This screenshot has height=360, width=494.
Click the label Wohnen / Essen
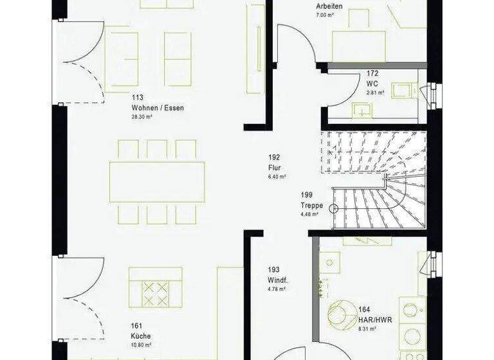click(158, 108)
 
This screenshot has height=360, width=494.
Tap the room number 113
click(137, 98)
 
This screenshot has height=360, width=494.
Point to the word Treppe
click(311, 206)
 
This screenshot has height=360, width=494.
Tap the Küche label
click(140, 335)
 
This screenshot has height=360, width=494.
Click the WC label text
click(372, 84)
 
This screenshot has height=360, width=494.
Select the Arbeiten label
click(329, 6)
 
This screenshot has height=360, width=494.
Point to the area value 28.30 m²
click(144, 118)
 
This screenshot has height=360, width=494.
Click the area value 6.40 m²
click(277, 175)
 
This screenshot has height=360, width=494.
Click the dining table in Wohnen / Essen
click(158, 181)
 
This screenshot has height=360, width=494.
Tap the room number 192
click(275, 157)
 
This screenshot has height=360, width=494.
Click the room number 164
click(365, 310)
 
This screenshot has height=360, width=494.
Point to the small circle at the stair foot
click(334, 208)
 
